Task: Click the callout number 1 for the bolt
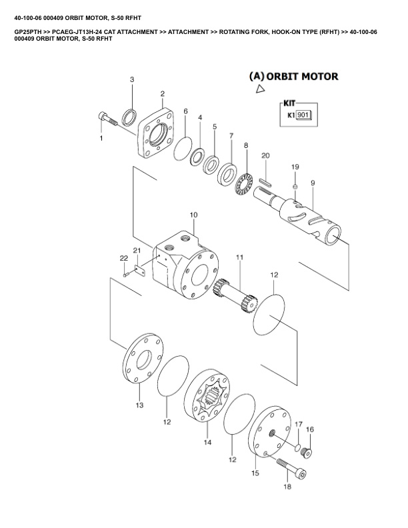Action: [x=101, y=138]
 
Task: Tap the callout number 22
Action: [x=123, y=258]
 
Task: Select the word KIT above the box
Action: [x=289, y=103]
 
